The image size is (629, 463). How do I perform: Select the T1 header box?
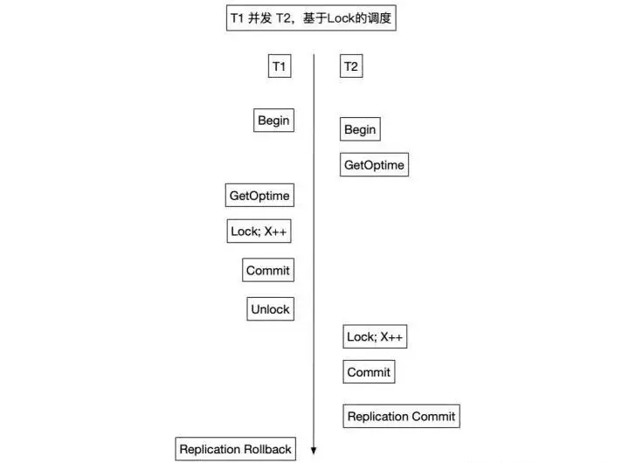pos(280,66)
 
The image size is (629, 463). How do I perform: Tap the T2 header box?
pos(351,66)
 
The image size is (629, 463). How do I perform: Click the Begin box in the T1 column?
pos(273,121)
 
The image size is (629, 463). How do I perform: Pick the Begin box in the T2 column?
pos(360,129)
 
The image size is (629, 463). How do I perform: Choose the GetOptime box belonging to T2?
pos(375,164)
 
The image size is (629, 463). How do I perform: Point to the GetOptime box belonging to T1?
pos(259,195)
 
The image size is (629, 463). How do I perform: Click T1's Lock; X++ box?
pos(259,231)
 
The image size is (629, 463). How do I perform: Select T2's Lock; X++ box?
pos(377,336)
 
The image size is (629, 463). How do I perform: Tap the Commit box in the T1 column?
pos(267,270)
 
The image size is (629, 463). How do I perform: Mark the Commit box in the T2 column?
pos(369,372)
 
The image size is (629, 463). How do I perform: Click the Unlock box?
pos(270,308)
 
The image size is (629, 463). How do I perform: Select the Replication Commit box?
pos(401,416)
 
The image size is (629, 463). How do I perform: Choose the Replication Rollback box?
pos(235,449)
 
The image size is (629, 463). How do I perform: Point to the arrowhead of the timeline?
pos(313,453)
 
